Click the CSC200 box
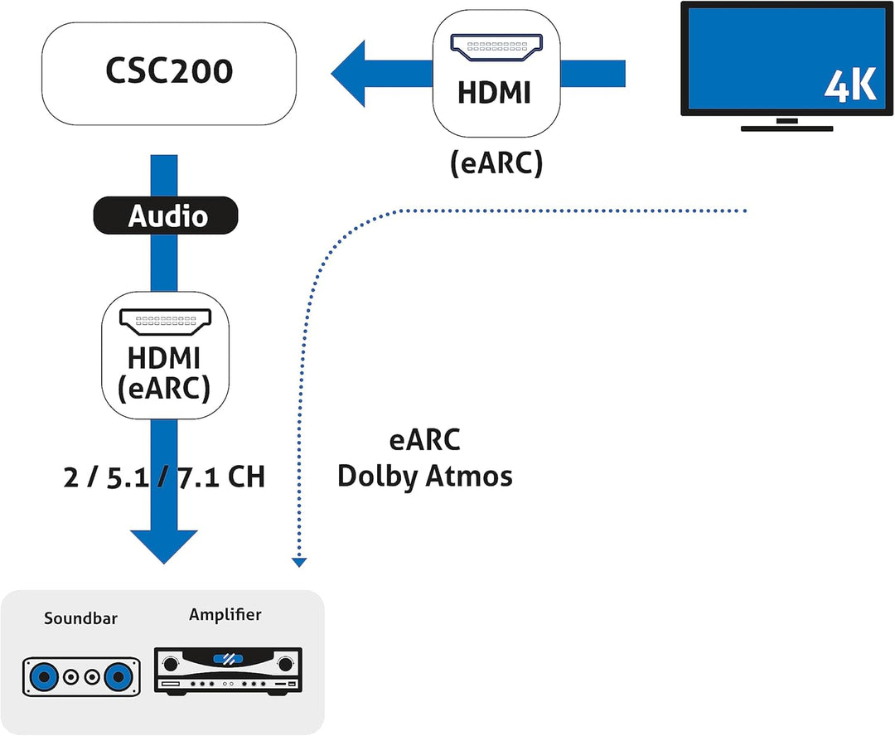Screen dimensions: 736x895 (168, 71)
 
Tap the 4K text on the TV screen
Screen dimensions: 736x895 (850, 87)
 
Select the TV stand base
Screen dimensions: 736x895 (786, 128)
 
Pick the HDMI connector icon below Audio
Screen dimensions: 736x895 (165, 319)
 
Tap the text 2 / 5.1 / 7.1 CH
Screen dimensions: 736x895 (164, 477)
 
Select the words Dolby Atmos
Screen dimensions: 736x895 (424, 477)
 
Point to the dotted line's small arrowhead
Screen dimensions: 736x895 (299, 563)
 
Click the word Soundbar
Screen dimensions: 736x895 (81, 618)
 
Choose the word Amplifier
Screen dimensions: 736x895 (225, 614)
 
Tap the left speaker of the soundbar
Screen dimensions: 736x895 (41, 677)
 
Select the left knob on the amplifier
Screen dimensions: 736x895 (172, 663)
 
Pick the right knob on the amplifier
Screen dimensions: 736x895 (286, 663)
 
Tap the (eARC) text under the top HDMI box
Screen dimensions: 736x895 (496, 163)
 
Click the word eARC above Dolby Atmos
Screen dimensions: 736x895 (424, 440)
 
